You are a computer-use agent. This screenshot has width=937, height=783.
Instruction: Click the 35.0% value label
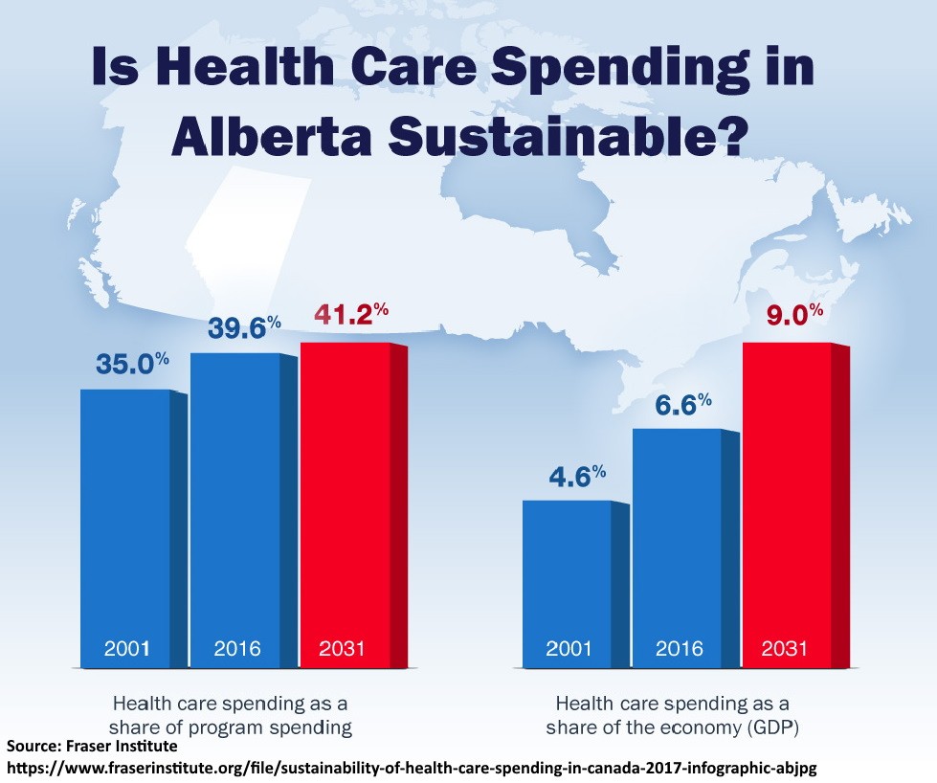(x=132, y=365)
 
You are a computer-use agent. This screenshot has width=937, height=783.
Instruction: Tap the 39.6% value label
(x=244, y=328)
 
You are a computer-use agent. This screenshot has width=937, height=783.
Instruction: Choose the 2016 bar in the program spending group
(x=235, y=507)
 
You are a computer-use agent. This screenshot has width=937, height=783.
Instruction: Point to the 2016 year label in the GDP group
(x=680, y=649)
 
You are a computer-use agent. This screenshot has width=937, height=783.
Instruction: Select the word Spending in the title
(x=604, y=69)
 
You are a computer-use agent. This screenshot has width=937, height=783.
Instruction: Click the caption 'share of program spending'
(x=231, y=727)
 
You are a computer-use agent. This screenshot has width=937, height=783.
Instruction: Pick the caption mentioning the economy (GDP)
(x=672, y=727)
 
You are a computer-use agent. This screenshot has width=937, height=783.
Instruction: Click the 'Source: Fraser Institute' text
(x=92, y=746)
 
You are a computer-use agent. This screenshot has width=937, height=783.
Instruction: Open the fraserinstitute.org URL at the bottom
(x=412, y=768)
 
